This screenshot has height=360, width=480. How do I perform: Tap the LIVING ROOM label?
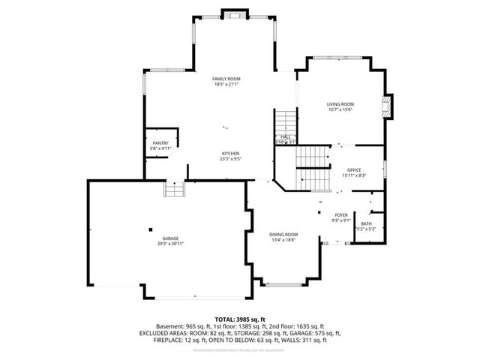[340, 104]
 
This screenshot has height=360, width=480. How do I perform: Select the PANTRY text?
[160, 142]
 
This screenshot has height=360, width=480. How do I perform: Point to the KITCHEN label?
[229, 154]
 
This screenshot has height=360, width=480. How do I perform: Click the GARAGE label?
[170, 238]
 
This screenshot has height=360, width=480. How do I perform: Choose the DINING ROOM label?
[283, 235]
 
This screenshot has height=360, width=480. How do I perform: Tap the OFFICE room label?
[354, 169]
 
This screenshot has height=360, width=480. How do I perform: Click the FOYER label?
[341, 214]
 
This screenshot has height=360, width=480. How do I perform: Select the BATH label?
[366, 223]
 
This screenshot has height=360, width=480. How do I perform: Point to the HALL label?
[286, 136]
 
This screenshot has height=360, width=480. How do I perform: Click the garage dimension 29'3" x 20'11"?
[170, 244]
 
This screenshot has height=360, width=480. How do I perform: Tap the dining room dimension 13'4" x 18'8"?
[283, 241]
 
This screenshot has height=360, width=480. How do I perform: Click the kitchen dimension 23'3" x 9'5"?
[229, 159]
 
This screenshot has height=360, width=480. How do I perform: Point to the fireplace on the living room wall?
[388, 106]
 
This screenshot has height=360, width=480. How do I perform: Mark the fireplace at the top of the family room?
[235, 14]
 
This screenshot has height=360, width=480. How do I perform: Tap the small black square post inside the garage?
[150, 229]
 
